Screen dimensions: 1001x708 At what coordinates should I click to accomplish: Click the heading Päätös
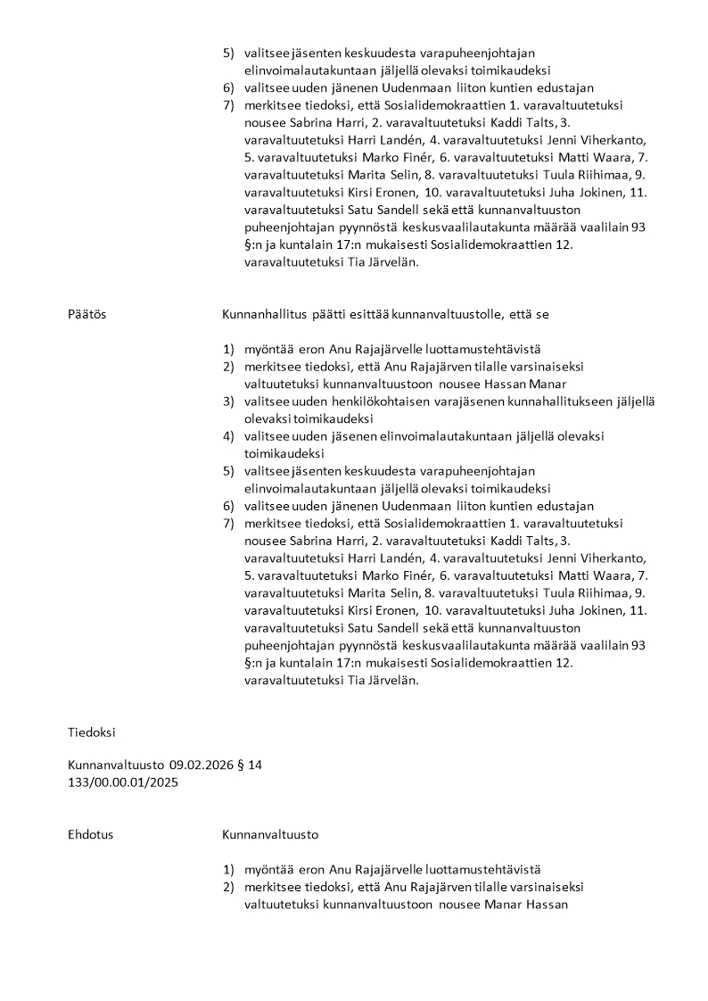coord(86,314)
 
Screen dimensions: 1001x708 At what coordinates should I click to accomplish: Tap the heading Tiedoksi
coord(91,732)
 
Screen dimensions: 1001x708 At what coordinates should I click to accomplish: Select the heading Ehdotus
coord(90,835)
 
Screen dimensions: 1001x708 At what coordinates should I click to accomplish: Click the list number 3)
coord(228,401)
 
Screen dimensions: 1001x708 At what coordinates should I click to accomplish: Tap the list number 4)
coord(228,436)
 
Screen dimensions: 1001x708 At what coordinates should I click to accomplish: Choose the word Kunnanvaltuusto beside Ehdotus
coord(269,835)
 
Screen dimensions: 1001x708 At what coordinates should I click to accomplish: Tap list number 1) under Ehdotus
coord(228,870)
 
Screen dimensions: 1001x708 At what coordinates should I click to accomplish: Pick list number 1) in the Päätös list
coord(228,349)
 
